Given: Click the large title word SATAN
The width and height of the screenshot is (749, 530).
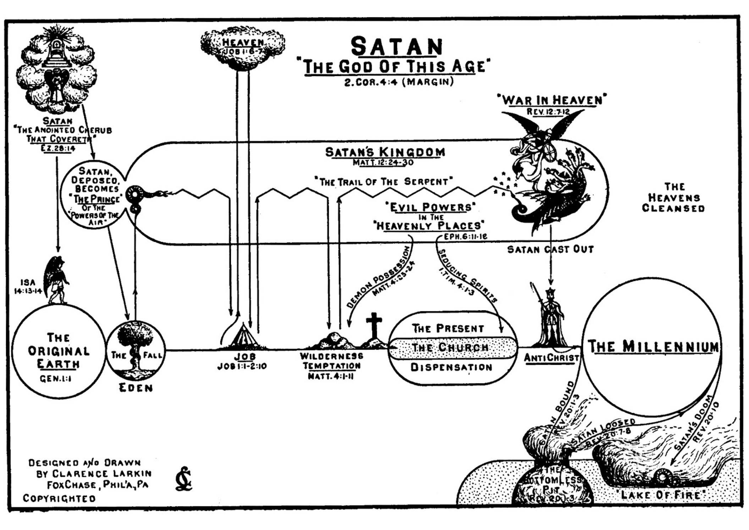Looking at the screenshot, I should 397,46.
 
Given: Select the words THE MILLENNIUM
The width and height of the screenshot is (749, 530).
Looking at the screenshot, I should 653,347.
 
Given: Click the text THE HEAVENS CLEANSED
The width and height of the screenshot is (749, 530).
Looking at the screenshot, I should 673,197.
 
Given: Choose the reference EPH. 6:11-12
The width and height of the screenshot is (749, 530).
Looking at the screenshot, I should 465,236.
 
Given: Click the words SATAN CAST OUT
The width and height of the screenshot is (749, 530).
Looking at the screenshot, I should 550,250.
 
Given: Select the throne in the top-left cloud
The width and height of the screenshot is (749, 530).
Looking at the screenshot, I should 56,53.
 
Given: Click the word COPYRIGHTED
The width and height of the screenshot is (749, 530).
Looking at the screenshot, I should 59,498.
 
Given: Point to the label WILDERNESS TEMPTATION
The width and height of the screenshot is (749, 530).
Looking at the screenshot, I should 331,361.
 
